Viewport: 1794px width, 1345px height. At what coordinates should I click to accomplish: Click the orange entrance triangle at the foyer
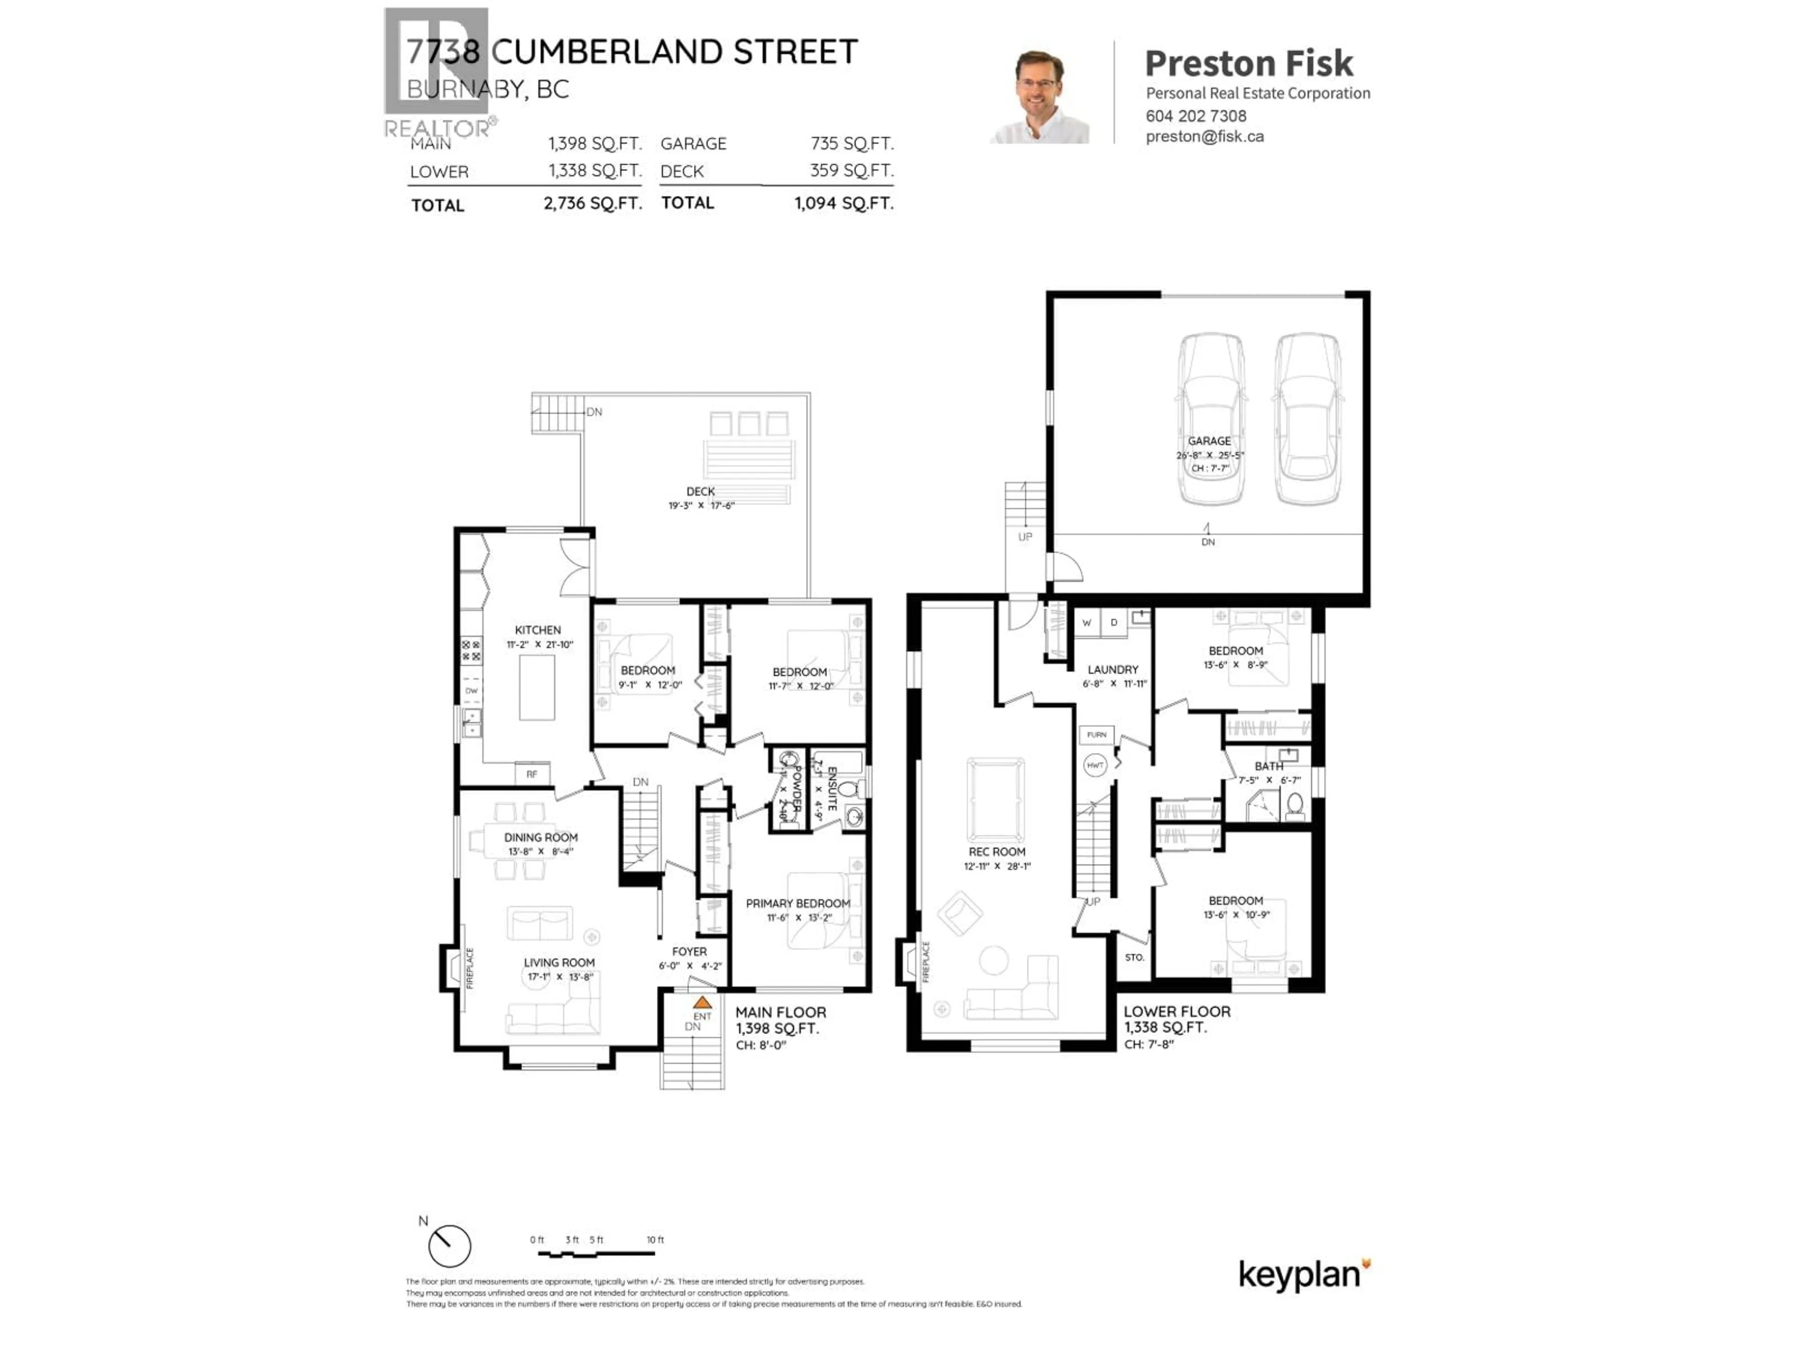(702, 1002)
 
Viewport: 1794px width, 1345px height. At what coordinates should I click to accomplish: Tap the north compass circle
(449, 1246)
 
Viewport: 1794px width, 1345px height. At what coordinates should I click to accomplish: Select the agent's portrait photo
(1040, 97)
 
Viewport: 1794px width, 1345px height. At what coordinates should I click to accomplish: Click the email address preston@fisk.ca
(1204, 136)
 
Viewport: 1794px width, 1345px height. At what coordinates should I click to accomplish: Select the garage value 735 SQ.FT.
(852, 143)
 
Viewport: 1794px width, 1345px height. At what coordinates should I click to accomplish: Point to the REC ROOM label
(997, 852)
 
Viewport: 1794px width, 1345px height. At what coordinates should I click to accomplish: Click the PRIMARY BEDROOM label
(798, 903)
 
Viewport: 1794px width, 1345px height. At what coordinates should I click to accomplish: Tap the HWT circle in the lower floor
(1095, 765)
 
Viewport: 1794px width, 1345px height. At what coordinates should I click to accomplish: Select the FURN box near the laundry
(1096, 735)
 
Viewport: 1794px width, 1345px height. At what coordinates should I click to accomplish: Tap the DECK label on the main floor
(701, 491)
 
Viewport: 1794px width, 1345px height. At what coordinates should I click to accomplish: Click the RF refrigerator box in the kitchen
(532, 774)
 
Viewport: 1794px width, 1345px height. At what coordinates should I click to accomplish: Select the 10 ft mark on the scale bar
(655, 1239)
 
